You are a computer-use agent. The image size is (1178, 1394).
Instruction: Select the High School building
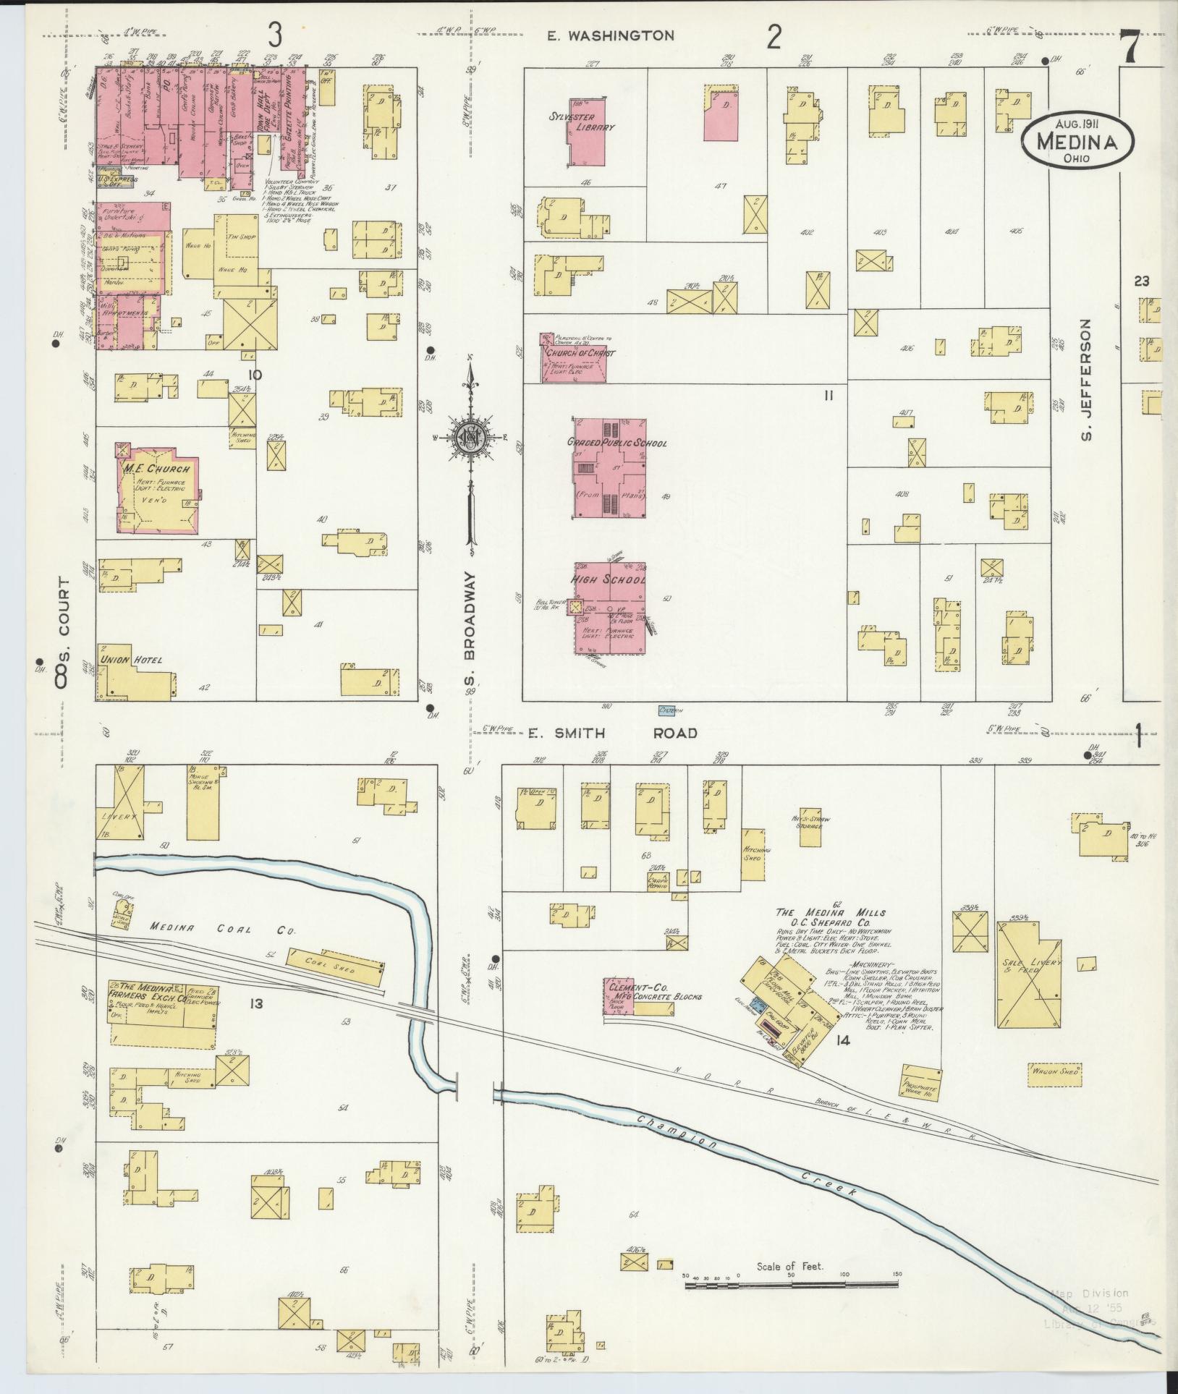(x=610, y=608)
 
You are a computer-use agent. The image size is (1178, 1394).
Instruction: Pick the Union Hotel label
(x=131, y=660)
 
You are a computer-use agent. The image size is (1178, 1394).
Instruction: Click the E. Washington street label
(x=610, y=35)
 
